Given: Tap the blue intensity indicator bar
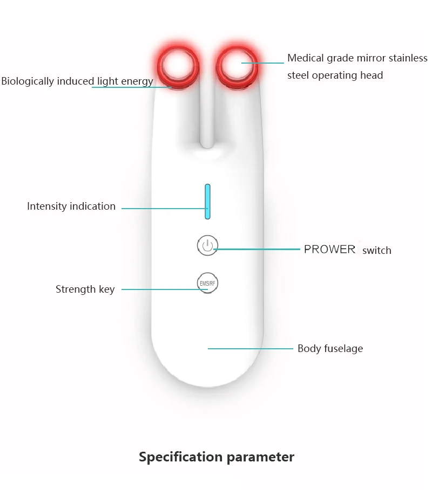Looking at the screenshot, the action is coord(207,202).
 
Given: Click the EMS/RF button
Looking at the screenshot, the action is coord(207,283).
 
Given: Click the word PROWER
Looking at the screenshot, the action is coord(329,249).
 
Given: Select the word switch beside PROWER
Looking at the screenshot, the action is coord(376,250).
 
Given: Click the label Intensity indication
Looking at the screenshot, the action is coord(71,206).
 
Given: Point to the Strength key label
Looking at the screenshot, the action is coord(85,289).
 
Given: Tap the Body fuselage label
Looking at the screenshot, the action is coord(330,348).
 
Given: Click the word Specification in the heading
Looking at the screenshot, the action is coord(181,457).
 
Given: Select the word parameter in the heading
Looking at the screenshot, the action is coord(260,458).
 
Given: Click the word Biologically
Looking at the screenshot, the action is coord(28,81).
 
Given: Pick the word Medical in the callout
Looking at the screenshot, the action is coord(306,58).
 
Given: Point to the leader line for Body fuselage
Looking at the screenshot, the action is coord(251,348).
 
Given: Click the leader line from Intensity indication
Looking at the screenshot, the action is coord(165,209).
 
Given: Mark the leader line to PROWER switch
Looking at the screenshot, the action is coord(256,249).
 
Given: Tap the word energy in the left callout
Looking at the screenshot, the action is coord(137,82).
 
